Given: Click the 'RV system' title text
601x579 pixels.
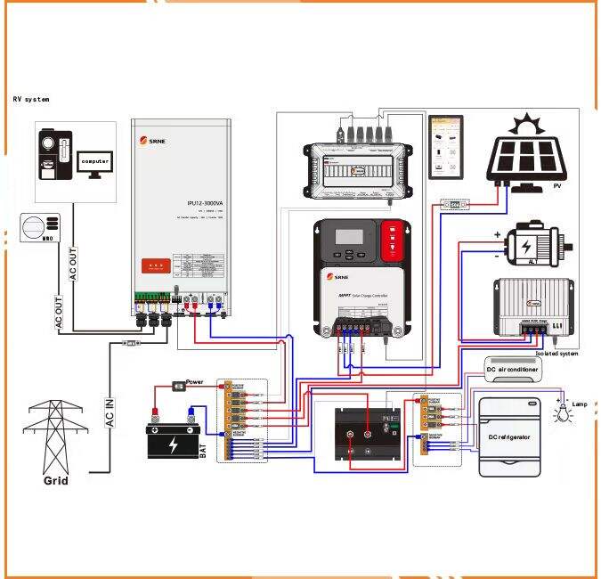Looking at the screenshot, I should (31, 99).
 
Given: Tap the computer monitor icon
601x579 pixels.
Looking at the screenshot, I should (95, 163).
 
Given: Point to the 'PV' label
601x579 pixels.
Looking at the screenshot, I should (557, 186).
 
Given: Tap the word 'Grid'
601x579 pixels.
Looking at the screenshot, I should (55, 481).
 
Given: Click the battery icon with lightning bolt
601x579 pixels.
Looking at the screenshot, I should (174, 440).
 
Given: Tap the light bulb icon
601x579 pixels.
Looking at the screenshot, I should (563, 411).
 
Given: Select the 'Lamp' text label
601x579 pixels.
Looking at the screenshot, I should (579, 404).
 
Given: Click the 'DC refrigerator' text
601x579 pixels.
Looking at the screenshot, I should (508, 437).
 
